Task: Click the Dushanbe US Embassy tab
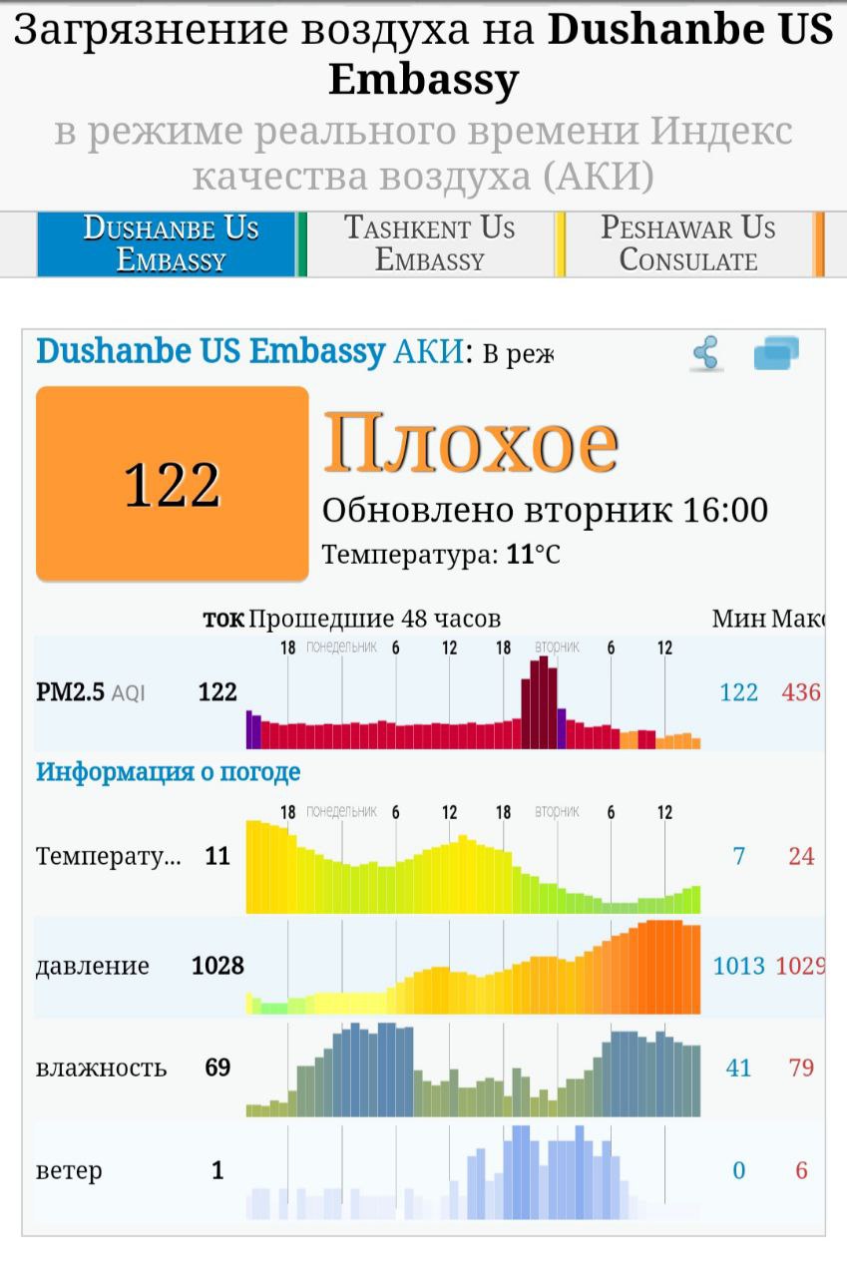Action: [170, 243]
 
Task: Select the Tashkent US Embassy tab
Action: [430, 243]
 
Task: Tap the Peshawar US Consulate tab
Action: [688, 243]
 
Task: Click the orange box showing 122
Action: [172, 484]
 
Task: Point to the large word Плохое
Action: [470, 443]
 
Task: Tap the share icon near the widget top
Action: [706, 354]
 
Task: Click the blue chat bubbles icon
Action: [776, 354]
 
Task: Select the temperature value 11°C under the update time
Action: [534, 555]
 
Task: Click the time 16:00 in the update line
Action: [725, 511]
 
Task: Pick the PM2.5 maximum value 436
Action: [801, 692]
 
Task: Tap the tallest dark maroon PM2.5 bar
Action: [544, 702]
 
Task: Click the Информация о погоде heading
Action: [168, 772]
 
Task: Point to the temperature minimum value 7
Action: [738, 856]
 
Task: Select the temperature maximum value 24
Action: [801, 856]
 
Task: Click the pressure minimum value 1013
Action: [738, 966]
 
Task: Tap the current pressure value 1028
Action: [217, 966]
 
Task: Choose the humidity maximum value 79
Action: [801, 1068]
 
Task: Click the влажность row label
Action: [101, 1068]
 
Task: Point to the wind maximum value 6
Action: [801, 1171]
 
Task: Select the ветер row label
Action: [69, 1171]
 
